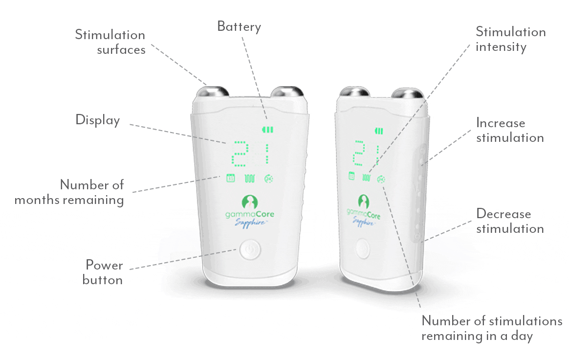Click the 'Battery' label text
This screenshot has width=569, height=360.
click(239, 27)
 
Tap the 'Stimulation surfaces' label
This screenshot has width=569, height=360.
click(110, 42)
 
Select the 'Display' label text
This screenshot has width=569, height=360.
click(98, 120)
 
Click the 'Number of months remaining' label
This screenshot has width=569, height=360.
click(69, 192)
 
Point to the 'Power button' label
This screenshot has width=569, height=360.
click(103, 272)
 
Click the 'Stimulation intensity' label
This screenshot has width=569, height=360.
click(510, 39)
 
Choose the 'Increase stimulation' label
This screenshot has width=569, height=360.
click(510, 130)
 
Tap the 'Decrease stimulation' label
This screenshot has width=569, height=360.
click(510, 221)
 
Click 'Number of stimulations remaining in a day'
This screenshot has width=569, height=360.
click(492, 328)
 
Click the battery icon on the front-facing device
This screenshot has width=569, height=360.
click(268, 129)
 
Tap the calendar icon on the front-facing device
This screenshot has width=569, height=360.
click(230, 178)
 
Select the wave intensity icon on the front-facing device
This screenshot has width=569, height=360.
click(250, 179)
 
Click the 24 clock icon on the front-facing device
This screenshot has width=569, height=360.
click(268, 179)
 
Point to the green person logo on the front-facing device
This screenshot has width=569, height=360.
click(250, 202)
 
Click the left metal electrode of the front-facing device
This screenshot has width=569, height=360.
click(213, 91)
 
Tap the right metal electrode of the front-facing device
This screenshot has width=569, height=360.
click(287, 91)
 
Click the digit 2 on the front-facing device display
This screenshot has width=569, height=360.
click(240, 154)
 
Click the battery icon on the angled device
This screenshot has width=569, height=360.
click(379, 131)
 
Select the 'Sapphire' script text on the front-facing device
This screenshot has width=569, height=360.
click(250, 223)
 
